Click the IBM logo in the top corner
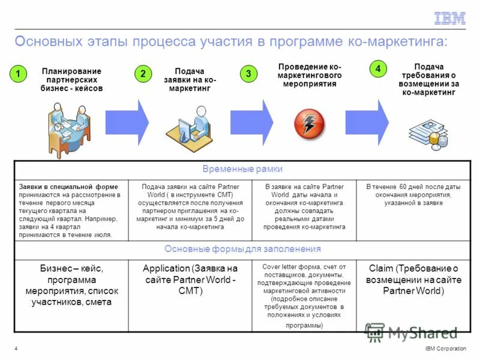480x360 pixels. (x=449, y=19)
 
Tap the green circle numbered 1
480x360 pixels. (x=18, y=74)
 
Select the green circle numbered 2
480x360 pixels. (x=143, y=74)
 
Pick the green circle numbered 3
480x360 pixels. (x=248, y=74)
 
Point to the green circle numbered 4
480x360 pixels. (x=377, y=69)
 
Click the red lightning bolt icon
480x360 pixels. (x=309, y=124)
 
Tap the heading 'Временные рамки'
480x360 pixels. (x=242, y=169)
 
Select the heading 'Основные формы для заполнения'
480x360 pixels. (x=242, y=249)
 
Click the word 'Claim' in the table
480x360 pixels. (x=381, y=269)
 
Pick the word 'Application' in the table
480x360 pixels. (x=166, y=269)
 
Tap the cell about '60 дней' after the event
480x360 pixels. (x=413, y=195)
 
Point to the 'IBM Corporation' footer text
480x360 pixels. (x=445, y=349)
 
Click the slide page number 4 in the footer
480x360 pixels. (x=15, y=349)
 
